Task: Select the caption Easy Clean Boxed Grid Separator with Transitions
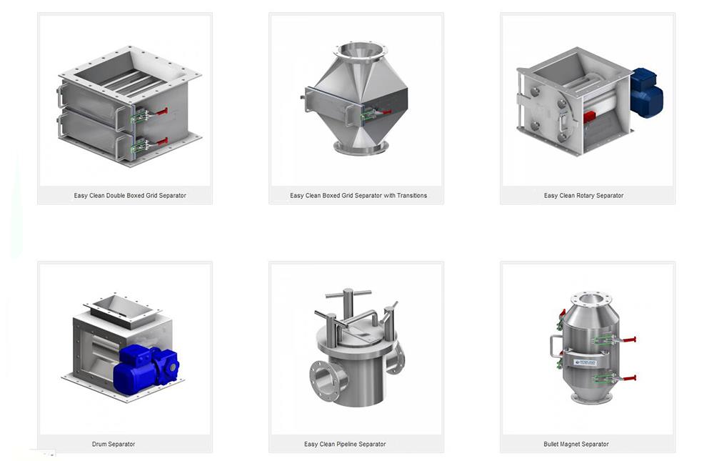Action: (x=358, y=195)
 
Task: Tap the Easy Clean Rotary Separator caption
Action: (x=583, y=195)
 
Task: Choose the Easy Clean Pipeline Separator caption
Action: (x=345, y=444)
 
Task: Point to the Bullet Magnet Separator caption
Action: (x=576, y=444)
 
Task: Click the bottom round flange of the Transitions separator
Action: (x=361, y=148)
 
